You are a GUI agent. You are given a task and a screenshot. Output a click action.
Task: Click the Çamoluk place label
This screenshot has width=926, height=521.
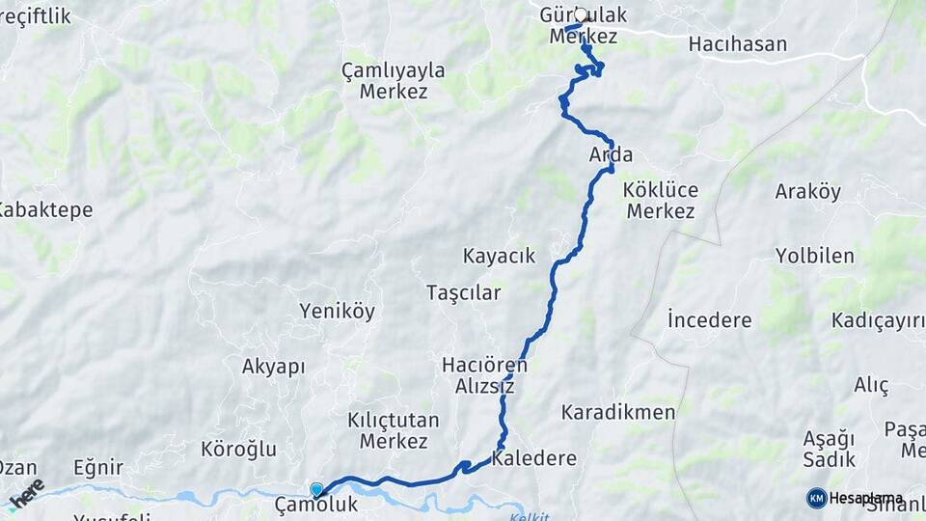[315, 505]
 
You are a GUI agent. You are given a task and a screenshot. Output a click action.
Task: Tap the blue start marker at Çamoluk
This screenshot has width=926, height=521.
[316, 490]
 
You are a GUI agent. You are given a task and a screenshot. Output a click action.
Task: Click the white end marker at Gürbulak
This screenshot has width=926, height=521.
[581, 14]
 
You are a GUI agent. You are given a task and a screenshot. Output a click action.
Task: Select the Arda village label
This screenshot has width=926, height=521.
[611, 154]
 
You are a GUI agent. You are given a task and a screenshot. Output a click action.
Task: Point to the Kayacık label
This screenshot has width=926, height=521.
[499, 256]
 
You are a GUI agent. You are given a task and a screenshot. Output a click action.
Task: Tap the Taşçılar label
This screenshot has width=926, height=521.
[463, 292]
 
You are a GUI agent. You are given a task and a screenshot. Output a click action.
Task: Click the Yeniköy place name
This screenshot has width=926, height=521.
[337, 311]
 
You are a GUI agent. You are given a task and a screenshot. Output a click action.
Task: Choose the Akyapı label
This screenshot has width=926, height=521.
[273, 366]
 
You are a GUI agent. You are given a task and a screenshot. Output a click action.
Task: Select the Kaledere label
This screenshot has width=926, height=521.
[533, 458]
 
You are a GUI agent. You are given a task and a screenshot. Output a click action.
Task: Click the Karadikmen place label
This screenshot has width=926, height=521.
[618, 412]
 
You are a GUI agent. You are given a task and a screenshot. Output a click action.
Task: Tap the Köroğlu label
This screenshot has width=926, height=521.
[238, 449]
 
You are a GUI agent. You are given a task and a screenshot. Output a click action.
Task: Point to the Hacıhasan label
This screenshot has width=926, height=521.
[737, 43]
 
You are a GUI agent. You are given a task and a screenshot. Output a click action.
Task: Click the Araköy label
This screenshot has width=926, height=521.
[807, 191]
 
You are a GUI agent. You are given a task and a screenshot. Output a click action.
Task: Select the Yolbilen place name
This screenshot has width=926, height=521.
[814, 256]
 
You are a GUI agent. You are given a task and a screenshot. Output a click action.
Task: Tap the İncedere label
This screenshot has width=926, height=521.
[709, 319]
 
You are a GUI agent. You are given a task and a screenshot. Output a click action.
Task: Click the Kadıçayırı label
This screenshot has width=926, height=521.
[878, 319]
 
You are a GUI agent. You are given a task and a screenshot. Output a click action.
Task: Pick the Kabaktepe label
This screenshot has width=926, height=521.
[44, 209]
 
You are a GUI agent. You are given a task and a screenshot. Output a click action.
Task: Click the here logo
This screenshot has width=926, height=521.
[26, 493]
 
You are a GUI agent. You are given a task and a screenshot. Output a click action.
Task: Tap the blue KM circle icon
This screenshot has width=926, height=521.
[816, 498]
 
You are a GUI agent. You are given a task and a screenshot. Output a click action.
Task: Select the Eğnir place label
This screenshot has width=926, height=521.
[97, 468]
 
